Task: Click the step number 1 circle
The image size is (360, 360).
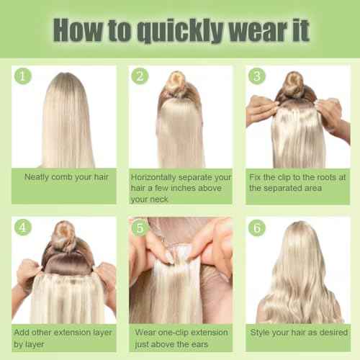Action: click(x=23, y=76)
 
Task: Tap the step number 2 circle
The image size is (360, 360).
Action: click(x=140, y=76)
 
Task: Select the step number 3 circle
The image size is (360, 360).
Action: click(x=257, y=76)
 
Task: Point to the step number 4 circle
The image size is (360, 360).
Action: click(x=23, y=228)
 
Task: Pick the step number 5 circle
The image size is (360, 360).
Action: click(x=140, y=228)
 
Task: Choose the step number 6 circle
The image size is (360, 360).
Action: click(x=257, y=228)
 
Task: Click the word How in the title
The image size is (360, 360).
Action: click(x=78, y=30)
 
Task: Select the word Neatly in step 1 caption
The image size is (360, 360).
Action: click(x=37, y=177)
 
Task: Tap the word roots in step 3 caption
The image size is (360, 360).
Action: click(x=326, y=177)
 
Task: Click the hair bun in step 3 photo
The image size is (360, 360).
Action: click(x=294, y=83)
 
